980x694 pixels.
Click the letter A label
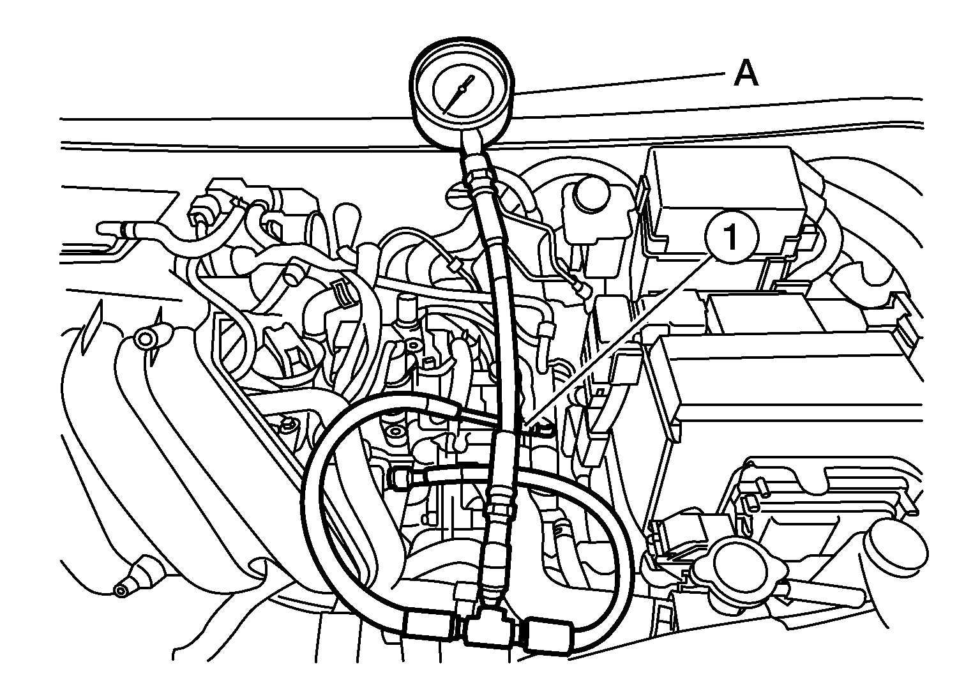pyautogui.click(x=745, y=74)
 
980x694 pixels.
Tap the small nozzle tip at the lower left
pyautogui.click(x=121, y=591)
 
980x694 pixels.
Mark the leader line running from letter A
pyautogui.click(x=619, y=83)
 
